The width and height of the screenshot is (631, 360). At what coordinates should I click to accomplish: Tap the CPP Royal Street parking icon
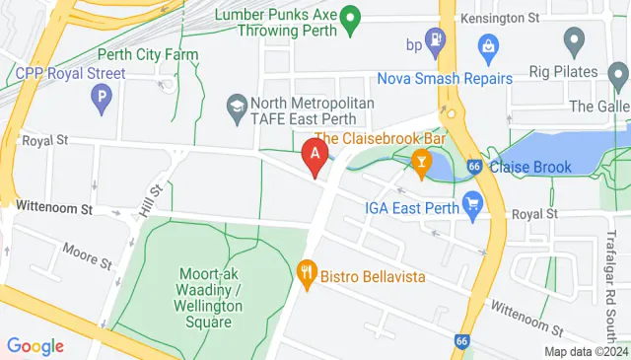click(x=99, y=97)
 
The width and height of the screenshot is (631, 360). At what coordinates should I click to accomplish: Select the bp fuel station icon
click(x=439, y=43)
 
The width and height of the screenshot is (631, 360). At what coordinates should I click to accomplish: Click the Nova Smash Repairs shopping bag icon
click(x=488, y=44)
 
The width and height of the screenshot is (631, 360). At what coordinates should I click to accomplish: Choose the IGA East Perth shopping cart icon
click(x=472, y=205)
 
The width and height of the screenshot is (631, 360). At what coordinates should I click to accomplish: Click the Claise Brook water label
click(x=533, y=168)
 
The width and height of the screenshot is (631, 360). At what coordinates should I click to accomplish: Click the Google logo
click(x=35, y=345)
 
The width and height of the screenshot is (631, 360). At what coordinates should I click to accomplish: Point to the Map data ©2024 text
click(x=586, y=351)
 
